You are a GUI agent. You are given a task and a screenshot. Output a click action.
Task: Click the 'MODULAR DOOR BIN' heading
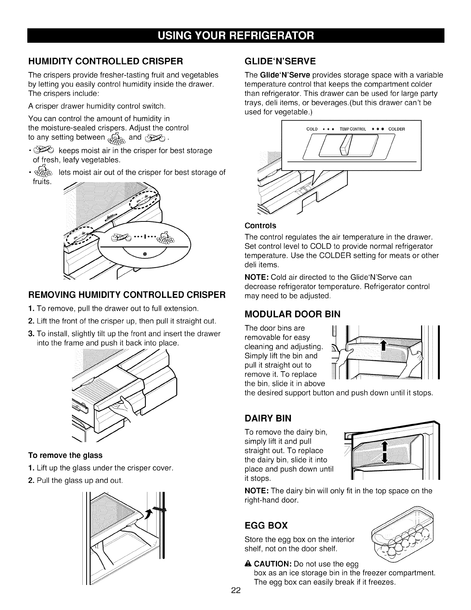pyautogui.click(x=292, y=314)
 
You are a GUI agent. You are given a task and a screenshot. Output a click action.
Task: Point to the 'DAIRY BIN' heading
pyautogui.click(x=268, y=418)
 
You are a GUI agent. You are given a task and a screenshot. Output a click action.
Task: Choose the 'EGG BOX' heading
pyautogui.click(x=266, y=526)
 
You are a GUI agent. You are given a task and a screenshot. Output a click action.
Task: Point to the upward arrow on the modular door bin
pyautogui.click(x=383, y=346)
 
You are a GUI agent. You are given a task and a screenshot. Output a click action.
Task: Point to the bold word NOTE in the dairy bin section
pyautogui.click(x=257, y=491)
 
